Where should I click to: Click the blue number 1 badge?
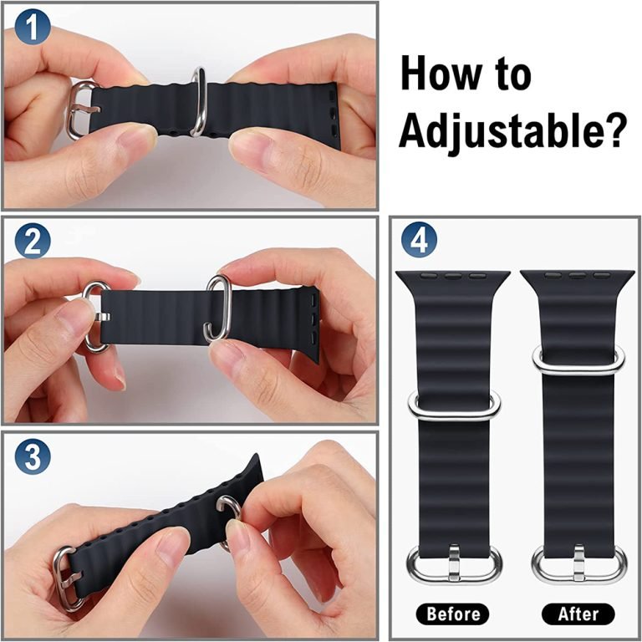[33, 27]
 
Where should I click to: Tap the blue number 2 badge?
[33, 241]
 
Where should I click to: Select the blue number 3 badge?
[33, 456]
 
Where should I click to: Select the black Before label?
[452, 614]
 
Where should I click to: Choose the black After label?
[578, 614]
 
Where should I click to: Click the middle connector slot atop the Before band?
[452, 277]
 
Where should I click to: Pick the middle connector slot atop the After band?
[577, 276]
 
